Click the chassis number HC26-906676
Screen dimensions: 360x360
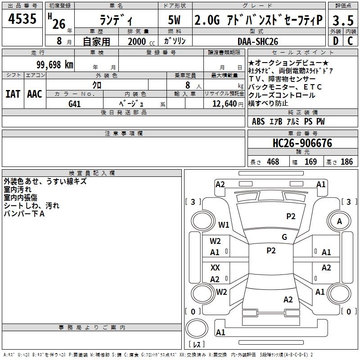302,143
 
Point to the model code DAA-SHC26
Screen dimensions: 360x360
258,41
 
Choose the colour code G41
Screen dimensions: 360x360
75,104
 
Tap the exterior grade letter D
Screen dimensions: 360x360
335,41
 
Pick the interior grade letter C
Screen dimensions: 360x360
350,41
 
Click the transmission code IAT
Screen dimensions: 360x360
13,94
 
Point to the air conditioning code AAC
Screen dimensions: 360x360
35,94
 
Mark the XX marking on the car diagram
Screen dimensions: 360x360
215,268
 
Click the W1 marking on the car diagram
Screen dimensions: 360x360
224,225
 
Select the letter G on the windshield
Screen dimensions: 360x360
284,237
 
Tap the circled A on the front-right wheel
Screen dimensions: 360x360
339,221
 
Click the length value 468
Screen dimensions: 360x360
273,162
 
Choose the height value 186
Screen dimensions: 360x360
346,162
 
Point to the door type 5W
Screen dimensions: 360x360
175,20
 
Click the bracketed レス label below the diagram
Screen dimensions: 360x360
196,345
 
